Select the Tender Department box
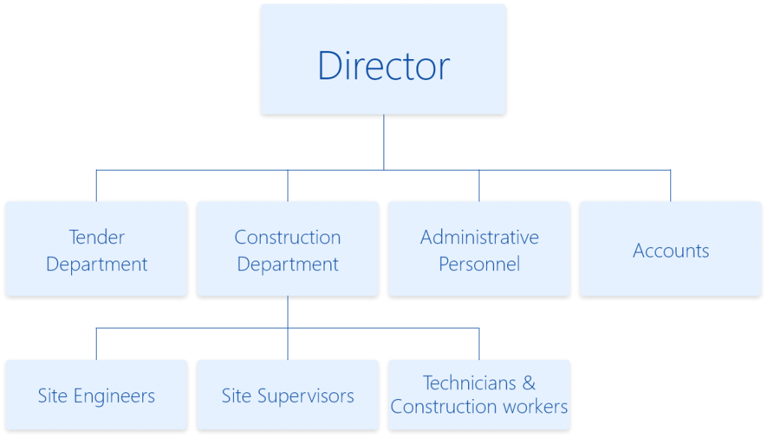click(97, 250)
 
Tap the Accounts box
click(670, 250)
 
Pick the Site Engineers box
click(97, 395)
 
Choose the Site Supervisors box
click(288, 395)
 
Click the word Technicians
click(470, 383)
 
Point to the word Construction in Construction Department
click(288, 237)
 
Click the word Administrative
click(479, 237)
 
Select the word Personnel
click(479, 264)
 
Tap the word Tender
click(97, 237)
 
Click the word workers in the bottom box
click(533, 407)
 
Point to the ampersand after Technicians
click(529, 383)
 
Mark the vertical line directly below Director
click(383, 142)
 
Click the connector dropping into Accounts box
click(670, 185)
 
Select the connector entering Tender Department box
click(97, 185)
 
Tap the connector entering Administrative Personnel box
click(479, 185)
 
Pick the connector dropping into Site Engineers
click(97, 343)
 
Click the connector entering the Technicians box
click(479, 343)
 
